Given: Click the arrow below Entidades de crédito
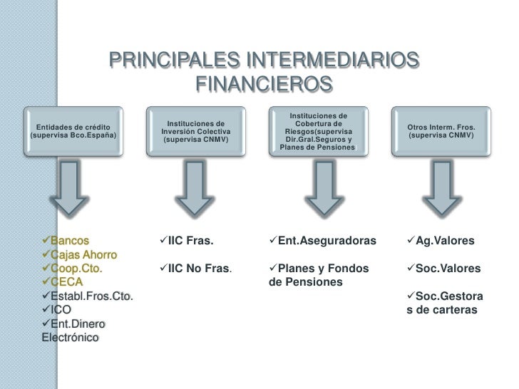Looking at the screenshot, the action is tap(74, 187).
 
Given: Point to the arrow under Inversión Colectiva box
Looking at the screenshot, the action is tap(195, 187).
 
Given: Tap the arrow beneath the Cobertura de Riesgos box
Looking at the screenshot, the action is tap(318, 187).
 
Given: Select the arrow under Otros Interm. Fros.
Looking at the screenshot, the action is tap(441, 187).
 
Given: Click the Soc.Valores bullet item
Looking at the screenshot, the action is tap(448, 269).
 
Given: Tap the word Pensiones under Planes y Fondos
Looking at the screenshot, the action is tap(314, 282).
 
